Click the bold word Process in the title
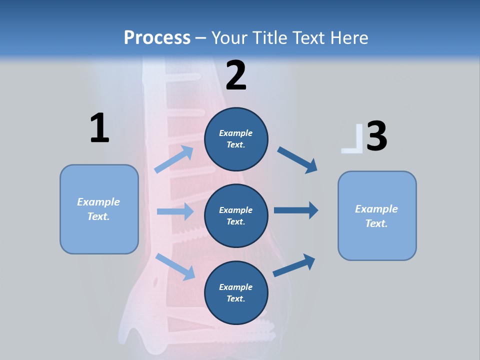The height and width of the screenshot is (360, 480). (157, 37)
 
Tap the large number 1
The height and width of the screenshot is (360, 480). (99, 128)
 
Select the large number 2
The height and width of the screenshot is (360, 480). (236, 75)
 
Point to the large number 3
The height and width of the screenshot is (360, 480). (377, 136)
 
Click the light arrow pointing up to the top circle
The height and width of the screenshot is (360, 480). (174, 160)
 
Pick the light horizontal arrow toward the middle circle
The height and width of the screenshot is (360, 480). (175, 211)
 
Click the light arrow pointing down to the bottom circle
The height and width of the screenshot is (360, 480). (175, 266)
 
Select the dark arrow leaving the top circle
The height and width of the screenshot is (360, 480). (297, 160)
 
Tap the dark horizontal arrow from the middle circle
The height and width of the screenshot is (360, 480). (296, 210)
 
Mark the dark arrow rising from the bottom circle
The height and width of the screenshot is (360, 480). (294, 265)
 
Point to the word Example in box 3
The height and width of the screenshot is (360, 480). (376, 209)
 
